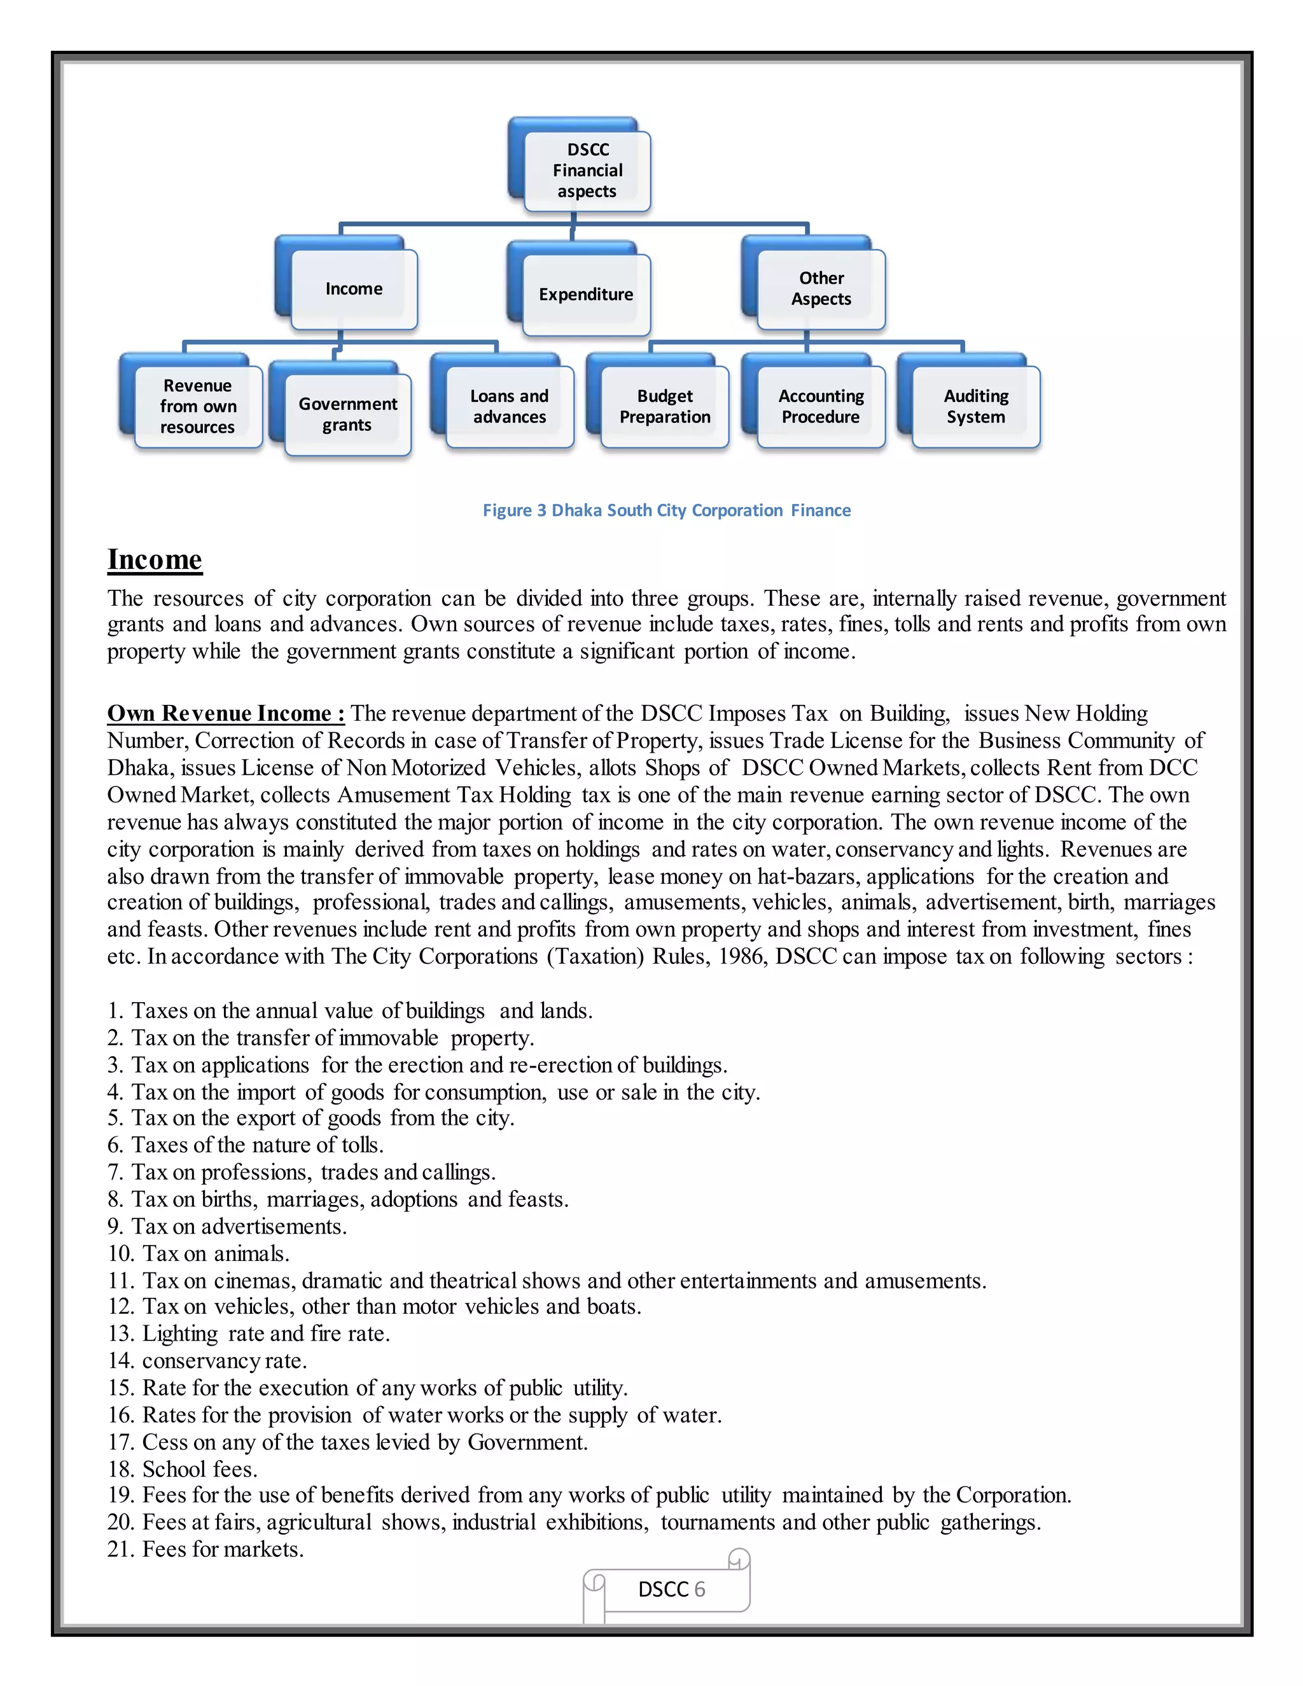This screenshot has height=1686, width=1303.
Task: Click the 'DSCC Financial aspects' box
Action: pyautogui.click(x=587, y=171)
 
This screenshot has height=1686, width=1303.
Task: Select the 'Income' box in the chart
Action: pyautogui.click(x=354, y=289)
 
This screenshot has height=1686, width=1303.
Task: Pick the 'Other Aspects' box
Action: pyautogui.click(x=821, y=289)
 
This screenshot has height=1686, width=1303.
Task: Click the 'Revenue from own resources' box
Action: pyautogui.click(x=198, y=406)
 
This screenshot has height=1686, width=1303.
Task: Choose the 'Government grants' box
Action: pyautogui.click(x=347, y=415)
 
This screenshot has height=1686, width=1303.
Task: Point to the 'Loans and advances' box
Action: pyautogui.click(x=510, y=406)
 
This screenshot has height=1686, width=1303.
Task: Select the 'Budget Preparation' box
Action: pyautogui.click(x=665, y=406)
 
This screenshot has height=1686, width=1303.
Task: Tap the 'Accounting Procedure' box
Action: pyautogui.click(x=821, y=406)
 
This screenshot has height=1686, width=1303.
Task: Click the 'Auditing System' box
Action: pyautogui.click(x=976, y=406)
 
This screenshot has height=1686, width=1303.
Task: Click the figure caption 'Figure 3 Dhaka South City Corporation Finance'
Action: pyautogui.click(x=666, y=510)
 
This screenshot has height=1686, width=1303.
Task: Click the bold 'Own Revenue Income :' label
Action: pyautogui.click(x=225, y=713)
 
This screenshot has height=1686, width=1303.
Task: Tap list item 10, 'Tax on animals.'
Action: pyautogui.click(x=199, y=1254)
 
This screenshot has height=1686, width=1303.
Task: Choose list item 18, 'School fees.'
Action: pyautogui.click(x=183, y=1469)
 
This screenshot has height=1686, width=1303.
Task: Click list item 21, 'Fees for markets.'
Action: pyautogui.click(x=206, y=1549)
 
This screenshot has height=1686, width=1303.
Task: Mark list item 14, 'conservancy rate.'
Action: pyautogui.click(x=207, y=1361)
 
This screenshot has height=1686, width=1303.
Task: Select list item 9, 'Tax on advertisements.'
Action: pyautogui.click(x=228, y=1227)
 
